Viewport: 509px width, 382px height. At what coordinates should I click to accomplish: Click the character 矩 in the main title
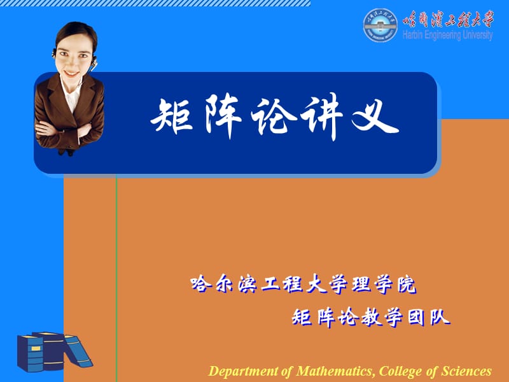click(171, 118)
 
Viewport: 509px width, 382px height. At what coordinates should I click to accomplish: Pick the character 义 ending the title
click(376, 118)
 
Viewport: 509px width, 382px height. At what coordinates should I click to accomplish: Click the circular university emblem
click(380, 26)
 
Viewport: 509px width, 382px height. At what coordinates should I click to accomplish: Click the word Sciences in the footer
click(467, 371)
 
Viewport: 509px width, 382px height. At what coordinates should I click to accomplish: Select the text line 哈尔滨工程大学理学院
click(303, 285)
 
